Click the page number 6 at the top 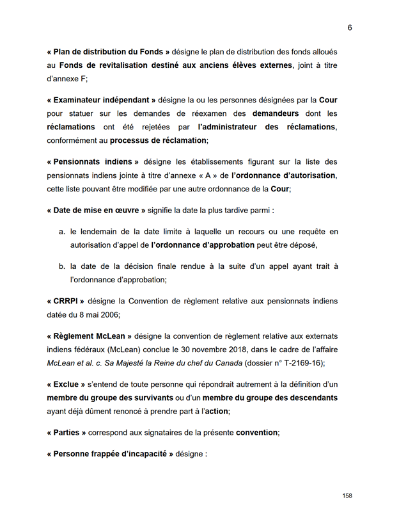[350, 28]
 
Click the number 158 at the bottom [347, 496]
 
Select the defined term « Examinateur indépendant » [101, 101]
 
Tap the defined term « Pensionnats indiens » [93, 162]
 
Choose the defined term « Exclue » [66, 384]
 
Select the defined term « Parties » [66, 432]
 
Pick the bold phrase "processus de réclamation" [159, 141]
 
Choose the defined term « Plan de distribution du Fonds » [108, 52]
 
